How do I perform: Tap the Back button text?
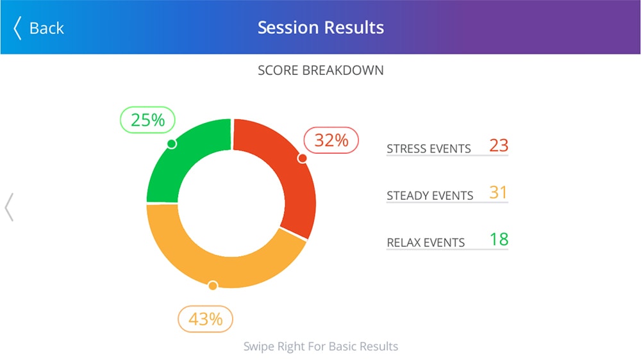coord(46,28)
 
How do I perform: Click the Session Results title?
coord(320,28)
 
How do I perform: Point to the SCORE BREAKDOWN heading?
coord(320,70)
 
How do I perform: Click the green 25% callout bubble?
coord(148,120)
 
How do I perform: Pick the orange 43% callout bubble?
coord(205,318)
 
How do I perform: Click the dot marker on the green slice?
coord(171,144)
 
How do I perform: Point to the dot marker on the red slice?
coord(302,158)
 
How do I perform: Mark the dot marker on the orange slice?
coord(213,286)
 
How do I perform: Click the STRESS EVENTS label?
coord(429,149)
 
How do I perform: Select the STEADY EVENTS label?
coord(430,195)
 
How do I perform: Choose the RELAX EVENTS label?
coord(426,243)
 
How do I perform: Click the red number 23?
coord(499,145)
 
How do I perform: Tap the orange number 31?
coord(499,192)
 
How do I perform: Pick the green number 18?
coord(499,240)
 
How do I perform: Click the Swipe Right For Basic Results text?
coord(320,347)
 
